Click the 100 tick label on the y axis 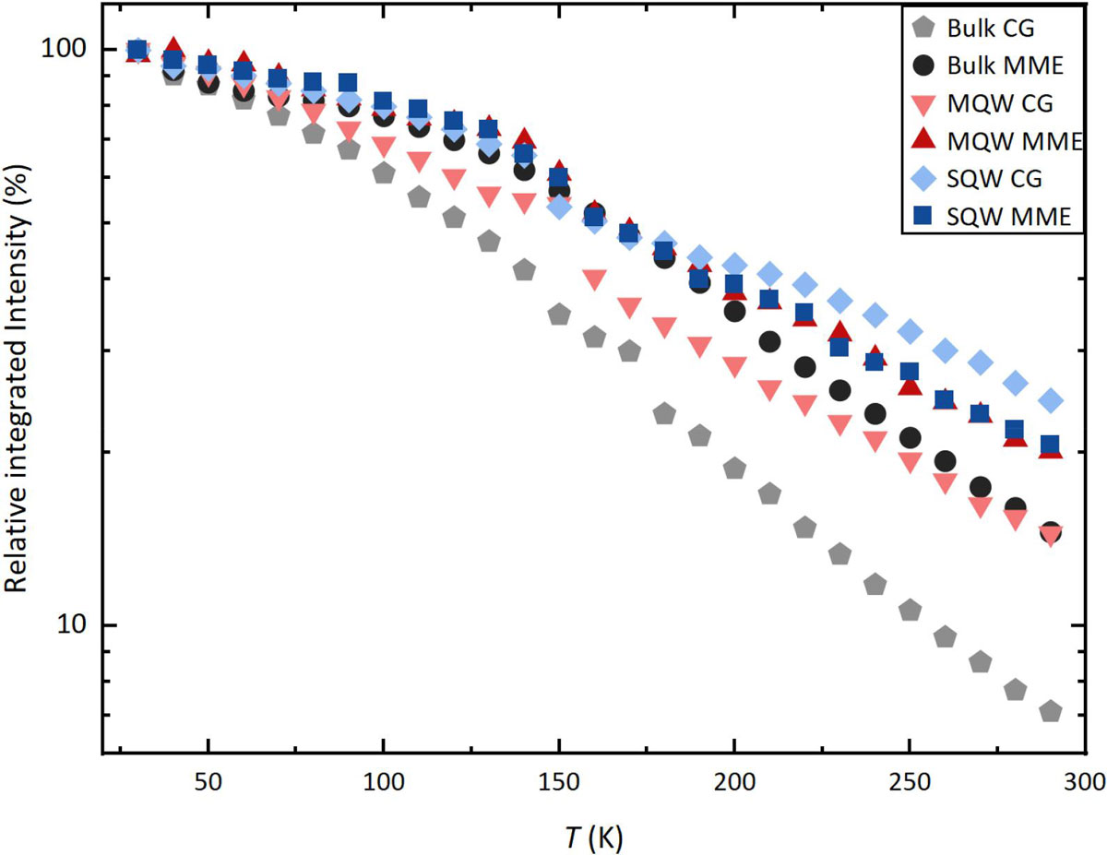coord(75,49)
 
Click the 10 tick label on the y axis coord(80,624)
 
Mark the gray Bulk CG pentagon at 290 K coord(1050,712)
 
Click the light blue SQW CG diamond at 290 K coord(1050,400)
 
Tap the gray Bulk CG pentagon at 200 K coord(734,469)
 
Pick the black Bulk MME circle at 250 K coord(910,437)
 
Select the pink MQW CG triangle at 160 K coord(594,279)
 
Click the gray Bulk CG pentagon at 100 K coord(385,172)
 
